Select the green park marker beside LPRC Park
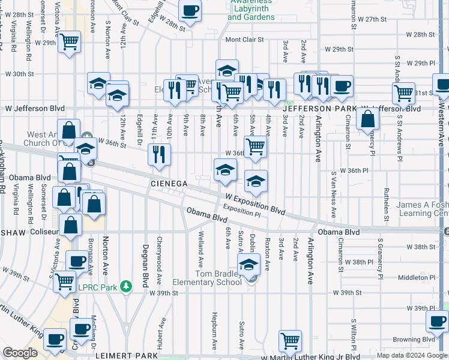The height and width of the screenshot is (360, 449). [126, 286]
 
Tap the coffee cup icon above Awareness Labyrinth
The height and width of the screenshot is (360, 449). [190, 11]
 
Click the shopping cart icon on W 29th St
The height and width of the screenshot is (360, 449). [70, 42]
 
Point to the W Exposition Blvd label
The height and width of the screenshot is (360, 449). [255, 204]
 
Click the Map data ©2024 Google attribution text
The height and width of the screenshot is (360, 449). [411, 355]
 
